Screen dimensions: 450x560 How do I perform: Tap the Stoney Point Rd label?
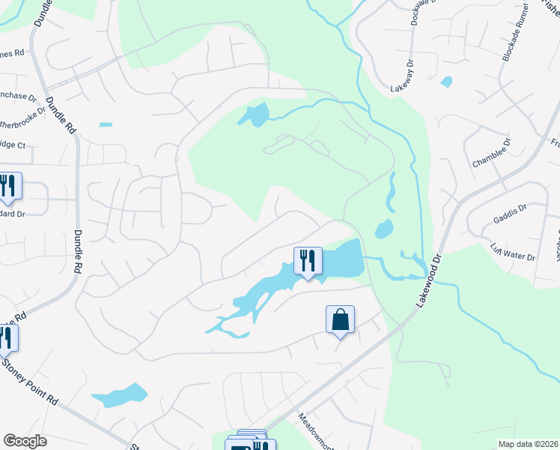click(31, 382)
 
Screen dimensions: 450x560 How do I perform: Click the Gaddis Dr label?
click(510, 215)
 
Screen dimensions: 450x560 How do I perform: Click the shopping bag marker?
click(340, 319)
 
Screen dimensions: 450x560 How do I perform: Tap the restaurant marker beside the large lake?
click(308, 260)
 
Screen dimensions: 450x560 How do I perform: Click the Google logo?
click(25, 441)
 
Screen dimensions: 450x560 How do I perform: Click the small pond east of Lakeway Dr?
click(447, 81)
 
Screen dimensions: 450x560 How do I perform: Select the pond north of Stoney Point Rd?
click(119, 395)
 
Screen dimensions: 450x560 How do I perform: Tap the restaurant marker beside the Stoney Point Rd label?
click(6, 338)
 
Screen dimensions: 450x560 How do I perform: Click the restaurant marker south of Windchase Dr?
click(9, 186)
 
